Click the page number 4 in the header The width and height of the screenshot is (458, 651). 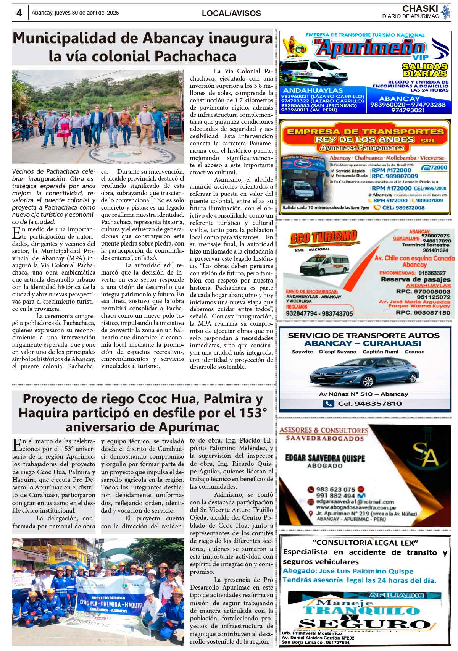click(19, 13)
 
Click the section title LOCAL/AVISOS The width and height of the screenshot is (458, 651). click(231, 13)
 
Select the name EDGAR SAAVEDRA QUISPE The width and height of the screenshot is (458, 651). click(325, 458)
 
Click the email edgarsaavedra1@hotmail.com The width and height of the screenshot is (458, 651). click(355, 502)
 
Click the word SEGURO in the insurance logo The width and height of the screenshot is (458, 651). click(364, 624)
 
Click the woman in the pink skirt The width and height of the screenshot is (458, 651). click(63, 126)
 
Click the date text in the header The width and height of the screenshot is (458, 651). click(75, 13)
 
